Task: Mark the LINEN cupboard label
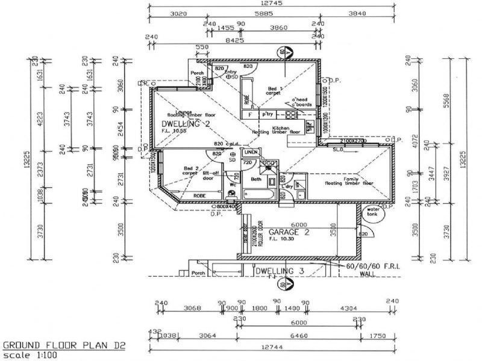[x=251, y=152]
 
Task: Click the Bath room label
[x=255, y=179]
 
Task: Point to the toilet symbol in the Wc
[x=232, y=193]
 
